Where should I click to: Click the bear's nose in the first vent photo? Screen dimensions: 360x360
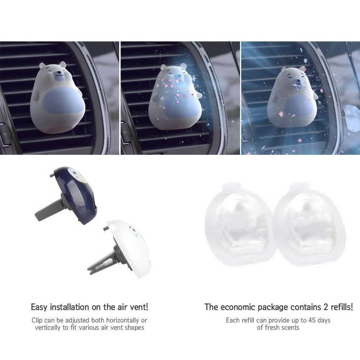click(59, 72)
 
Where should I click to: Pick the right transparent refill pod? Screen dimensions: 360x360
click(310, 224)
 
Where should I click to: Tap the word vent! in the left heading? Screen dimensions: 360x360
click(138, 307)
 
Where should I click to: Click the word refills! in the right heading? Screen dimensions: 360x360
click(342, 307)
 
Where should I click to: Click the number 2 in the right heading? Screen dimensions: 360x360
click(326, 307)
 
